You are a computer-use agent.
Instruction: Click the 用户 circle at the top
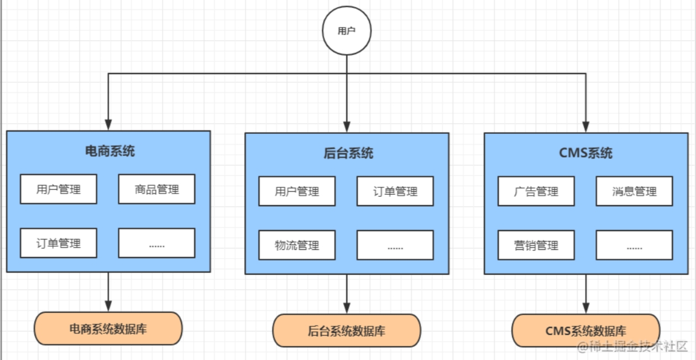[347, 31]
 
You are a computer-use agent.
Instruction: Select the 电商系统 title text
[109, 151]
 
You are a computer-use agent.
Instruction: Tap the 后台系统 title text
[348, 153]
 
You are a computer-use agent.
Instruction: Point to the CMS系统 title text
[586, 153]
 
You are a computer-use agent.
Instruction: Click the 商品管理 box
[156, 189]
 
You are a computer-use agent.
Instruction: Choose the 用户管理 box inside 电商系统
[59, 189]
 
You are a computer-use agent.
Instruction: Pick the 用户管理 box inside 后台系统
[297, 191]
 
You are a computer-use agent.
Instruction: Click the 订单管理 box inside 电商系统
[59, 243]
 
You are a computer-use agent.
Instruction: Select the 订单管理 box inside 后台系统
[395, 191]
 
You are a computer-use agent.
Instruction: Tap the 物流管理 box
[297, 245]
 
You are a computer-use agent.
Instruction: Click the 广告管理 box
[536, 191]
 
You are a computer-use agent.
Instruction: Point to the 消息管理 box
[634, 191]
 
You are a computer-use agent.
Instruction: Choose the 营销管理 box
[536, 245]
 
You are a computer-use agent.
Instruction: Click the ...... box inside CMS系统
[634, 245]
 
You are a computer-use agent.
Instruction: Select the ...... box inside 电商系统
[156, 243]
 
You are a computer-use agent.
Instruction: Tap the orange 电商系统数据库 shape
[108, 328]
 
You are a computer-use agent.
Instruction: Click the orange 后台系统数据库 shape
[347, 331]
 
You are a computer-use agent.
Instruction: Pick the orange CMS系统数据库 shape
[585, 331]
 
